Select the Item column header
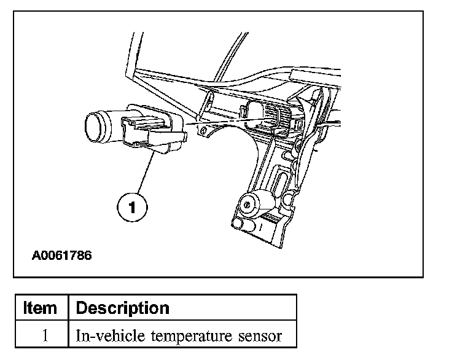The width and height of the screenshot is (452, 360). [x=40, y=307]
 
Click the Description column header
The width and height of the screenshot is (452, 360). [x=122, y=307]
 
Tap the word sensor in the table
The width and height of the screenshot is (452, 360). [x=259, y=336]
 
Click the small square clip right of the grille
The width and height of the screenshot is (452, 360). [x=298, y=125]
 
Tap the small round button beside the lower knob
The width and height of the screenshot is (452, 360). [x=288, y=199]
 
